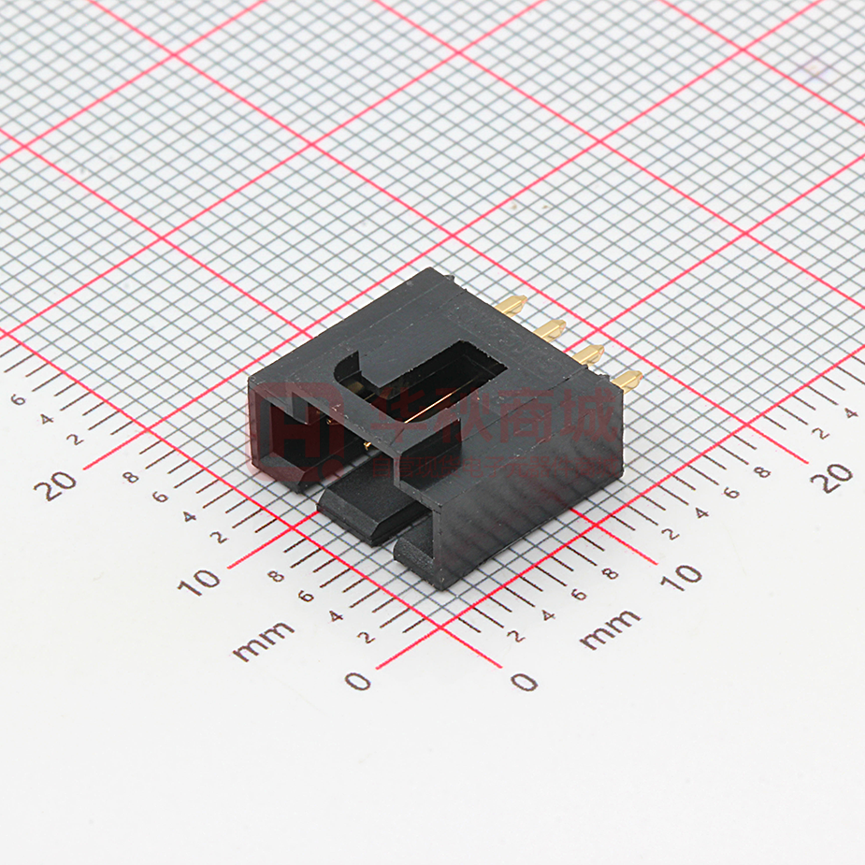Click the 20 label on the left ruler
[x=61, y=484]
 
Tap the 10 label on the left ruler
[x=199, y=582]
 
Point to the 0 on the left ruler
[x=357, y=681]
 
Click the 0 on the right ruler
[x=525, y=681]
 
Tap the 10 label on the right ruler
[x=685, y=575]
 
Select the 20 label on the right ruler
[x=833, y=475]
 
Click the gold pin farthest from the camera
[x=512, y=304]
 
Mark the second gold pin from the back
[x=550, y=328]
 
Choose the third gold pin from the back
[x=587, y=353]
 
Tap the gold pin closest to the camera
[x=627, y=379]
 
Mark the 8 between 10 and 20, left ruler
[x=132, y=478]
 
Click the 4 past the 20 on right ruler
[x=850, y=411]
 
